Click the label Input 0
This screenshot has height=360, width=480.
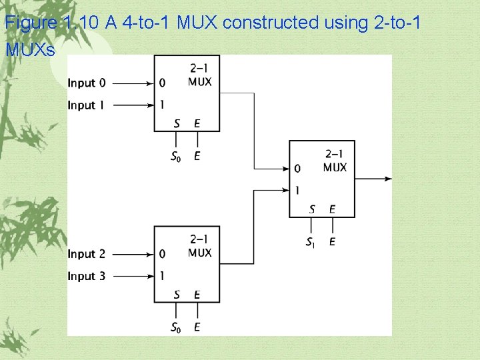click(x=87, y=83)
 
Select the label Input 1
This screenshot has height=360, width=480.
click(x=87, y=105)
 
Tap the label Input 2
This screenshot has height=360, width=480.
click(x=87, y=254)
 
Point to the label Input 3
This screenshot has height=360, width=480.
click(x=87, y=276)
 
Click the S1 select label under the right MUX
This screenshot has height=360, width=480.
click(x=311, y=242)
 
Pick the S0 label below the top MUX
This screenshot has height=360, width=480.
click(x=177, y=157)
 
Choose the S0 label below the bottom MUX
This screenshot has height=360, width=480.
click(x=177, y=327)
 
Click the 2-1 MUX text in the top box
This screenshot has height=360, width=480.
click(x=200, y=75)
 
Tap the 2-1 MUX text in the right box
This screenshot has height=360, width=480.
click(x=335, y=161)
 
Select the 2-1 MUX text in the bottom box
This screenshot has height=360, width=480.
click(x=200, y=247)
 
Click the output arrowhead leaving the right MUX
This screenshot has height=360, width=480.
click(x=388, y=178)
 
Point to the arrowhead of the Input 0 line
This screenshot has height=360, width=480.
click(x=150, y=83)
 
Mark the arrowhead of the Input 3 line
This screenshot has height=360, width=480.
click(x=150, y=276)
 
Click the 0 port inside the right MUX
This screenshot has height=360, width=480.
click(x=297, y=169)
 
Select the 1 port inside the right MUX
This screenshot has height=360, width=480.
click(x=297, y=190)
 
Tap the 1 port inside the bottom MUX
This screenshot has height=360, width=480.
click(x=163, y=275)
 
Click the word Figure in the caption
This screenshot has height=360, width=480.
click(x=31, y=23)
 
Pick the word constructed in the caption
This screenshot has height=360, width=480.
click(x=271, y=23)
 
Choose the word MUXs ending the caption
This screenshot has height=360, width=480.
click(x=30, y=49)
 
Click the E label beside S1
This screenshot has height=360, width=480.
click(x=332, y=242)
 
